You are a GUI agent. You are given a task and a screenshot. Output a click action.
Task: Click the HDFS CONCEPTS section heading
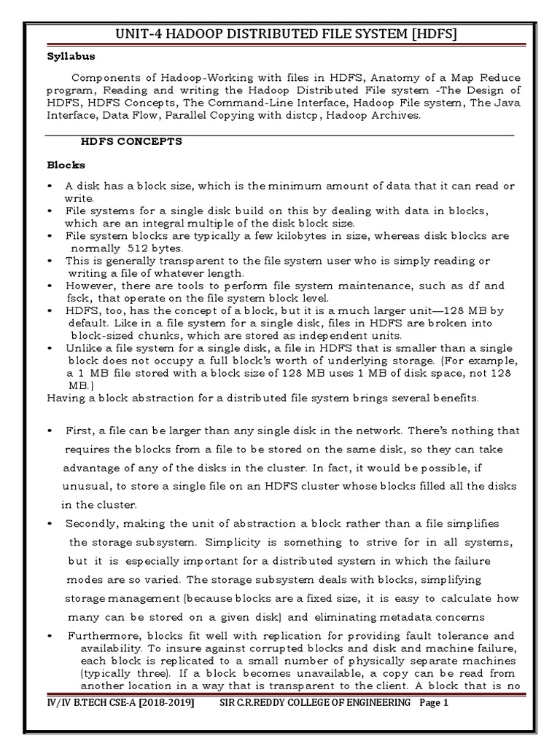(x=131, y=141)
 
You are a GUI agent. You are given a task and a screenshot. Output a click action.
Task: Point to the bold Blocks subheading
(x=66, y=165)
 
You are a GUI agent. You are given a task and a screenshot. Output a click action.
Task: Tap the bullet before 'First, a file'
(x=50, y=431)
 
